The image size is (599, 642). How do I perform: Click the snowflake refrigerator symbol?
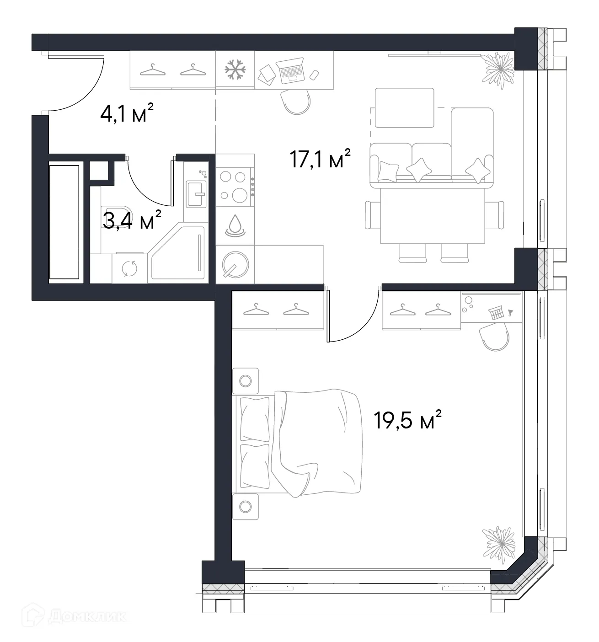tap(235, 69)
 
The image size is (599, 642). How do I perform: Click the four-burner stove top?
tap(235, 185)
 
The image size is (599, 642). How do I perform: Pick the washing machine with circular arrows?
tap(129, 268)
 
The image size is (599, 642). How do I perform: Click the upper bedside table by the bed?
tap(246, 380)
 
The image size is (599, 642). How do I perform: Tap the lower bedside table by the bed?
tap(246, 506)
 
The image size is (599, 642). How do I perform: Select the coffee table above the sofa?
tap(404, 107)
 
